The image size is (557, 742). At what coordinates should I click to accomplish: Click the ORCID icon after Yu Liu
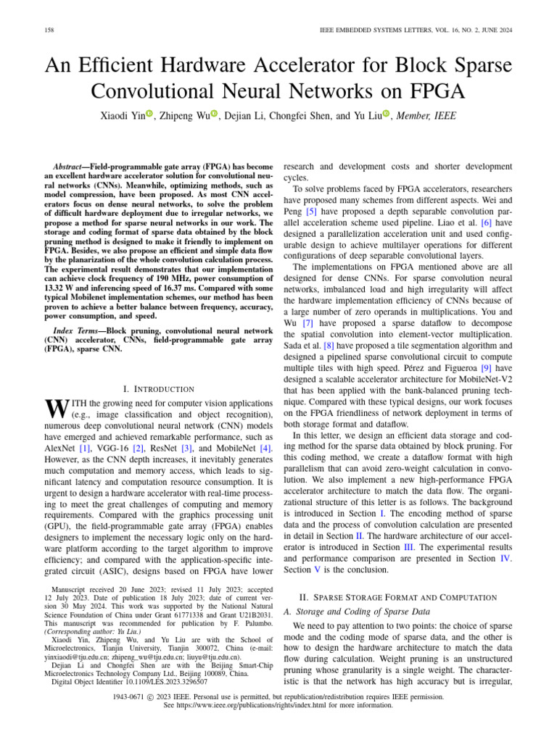[386, 114]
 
